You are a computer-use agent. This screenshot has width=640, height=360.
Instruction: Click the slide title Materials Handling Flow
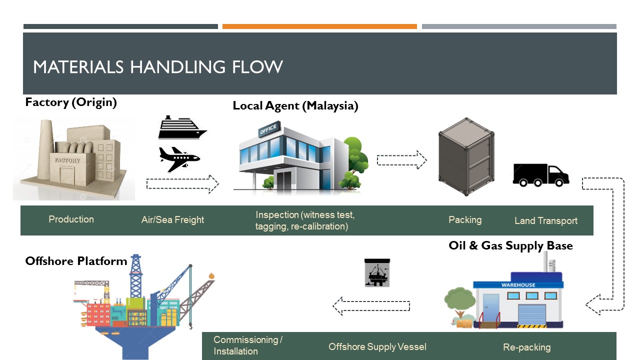[158, 66]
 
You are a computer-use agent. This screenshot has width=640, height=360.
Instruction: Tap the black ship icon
[182, 128]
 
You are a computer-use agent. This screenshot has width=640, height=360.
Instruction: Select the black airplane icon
[179, 159]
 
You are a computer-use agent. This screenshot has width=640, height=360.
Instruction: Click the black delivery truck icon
[540, 175]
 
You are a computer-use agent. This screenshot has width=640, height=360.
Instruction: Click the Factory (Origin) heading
[71, 102]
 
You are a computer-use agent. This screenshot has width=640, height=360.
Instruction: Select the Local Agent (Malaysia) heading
[295, 106]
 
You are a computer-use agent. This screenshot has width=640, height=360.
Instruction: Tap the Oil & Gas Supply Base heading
[510, 245]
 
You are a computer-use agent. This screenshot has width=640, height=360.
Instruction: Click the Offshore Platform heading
[76, 261]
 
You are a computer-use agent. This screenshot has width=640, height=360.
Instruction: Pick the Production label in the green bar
[71, 219]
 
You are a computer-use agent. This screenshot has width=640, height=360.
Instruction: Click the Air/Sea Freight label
[172, 220]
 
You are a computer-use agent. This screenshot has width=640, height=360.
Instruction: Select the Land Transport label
[546, 220]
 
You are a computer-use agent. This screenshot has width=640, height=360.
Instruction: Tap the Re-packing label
[526, 347]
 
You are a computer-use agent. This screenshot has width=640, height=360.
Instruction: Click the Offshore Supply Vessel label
[377, 346]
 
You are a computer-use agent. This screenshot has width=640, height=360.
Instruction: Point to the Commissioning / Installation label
[248, 345]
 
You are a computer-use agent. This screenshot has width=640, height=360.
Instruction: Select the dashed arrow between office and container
[401, 160]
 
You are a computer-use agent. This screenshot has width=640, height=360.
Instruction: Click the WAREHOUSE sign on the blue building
[518, 285]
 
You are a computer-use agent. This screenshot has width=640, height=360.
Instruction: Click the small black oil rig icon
[377, 273]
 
